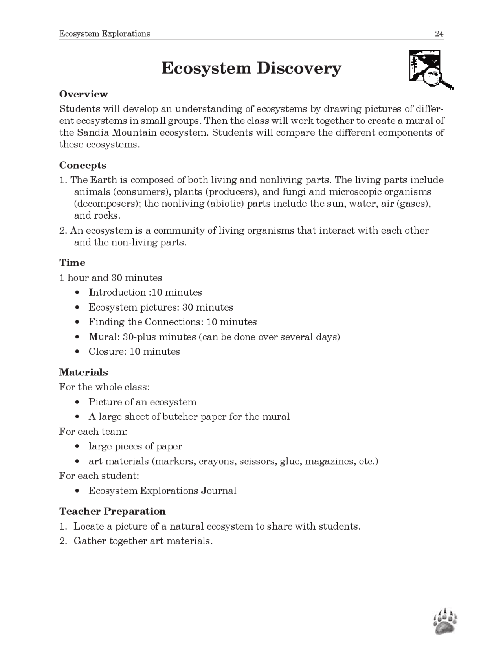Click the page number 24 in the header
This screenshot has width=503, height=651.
click(439, 34)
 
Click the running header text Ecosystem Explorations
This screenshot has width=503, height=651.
click(105, 34)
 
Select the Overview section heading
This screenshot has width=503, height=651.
click(83, 94)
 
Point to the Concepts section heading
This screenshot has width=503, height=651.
click(83, 166)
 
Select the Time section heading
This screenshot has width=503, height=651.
click(72, 263)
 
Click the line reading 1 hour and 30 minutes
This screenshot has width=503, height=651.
click(110, 278)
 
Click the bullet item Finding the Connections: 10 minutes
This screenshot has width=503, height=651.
click(172, 322)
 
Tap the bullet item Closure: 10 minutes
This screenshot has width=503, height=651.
click(134, 351)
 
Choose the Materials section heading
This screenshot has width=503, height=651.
click(83, 372)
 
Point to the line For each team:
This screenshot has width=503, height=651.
click(93, 432)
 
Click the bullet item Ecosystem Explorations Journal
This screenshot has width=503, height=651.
click(162, 491)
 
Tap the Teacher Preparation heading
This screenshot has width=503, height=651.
click(112, 511)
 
